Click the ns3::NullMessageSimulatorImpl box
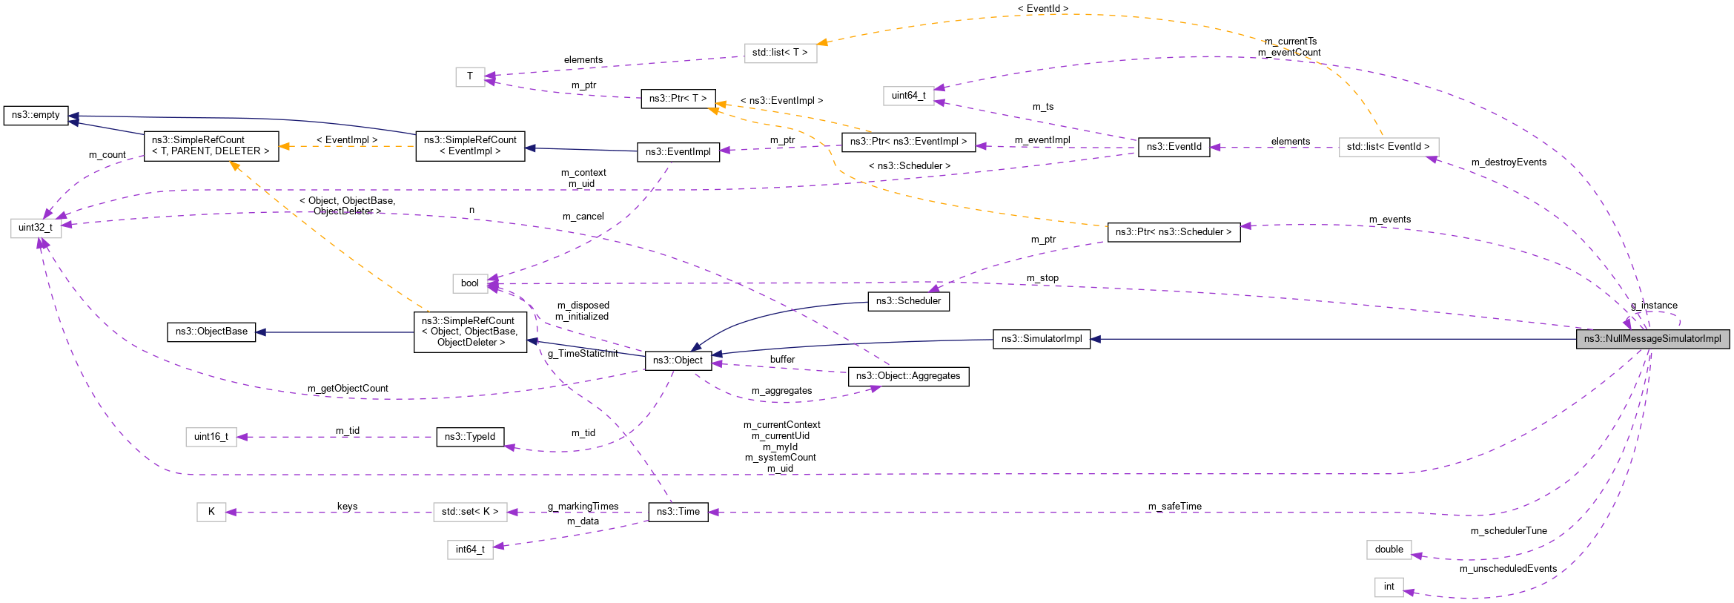point(1652,339)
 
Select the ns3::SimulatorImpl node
point(1041,339)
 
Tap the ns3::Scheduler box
point(908,301)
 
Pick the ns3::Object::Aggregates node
point(908,376)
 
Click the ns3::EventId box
point(1174,147)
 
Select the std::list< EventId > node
point(1388,147)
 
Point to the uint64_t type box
point(908,96)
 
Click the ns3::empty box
point(36,115)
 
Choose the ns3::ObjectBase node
point(211,332)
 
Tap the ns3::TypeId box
point(470,437)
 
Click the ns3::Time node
point(678,512)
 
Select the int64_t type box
point(470,550)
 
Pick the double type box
point(1389,550)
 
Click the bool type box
point(470,283)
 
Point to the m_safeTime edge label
point(1174,507)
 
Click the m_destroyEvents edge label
point(1509,162)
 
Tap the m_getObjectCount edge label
point(348,389)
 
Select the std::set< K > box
point(470,512)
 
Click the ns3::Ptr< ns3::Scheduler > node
point(1173,232)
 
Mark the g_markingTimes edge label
point(583,507)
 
